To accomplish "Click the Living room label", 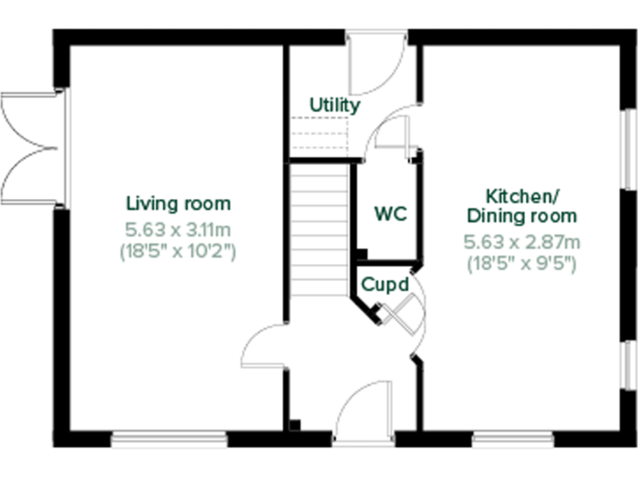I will click(178, 203).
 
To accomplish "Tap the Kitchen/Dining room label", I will click(521, 207).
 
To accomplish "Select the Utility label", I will click(335, 105).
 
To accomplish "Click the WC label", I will click(390, 213).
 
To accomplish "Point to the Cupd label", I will click(385, 285).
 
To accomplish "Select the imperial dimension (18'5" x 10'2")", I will click(178, 251).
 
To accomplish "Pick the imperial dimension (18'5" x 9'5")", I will click(521, 264).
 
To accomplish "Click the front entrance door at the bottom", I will click(364, 415).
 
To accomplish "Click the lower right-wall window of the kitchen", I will click(628, 364).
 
